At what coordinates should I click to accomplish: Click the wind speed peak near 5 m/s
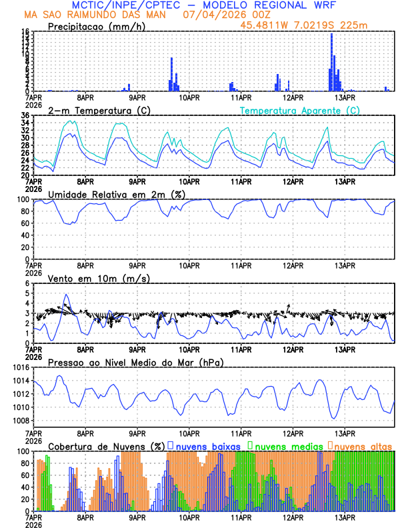click(65, 295)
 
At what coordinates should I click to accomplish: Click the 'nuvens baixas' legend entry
click(208, 445)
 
